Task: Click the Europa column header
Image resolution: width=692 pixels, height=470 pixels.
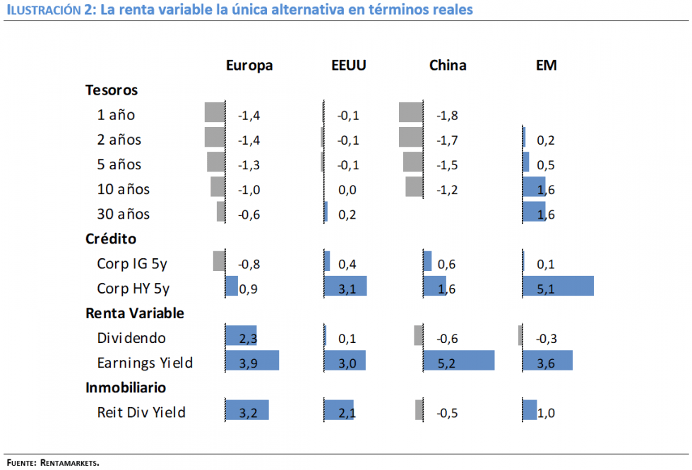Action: pos(249,66)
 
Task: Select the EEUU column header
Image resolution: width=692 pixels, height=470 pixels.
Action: pos(349,66)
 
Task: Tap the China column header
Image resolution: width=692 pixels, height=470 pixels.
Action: pos(448,66)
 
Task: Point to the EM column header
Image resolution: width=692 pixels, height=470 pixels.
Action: pos(547,66)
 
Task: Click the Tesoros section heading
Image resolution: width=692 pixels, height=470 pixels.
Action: pos(112,90)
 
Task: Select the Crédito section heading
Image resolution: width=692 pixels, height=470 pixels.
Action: pos(111,239)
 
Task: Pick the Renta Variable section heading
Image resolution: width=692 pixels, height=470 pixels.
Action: pos(134,313)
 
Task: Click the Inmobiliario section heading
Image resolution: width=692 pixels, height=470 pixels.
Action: pos(126,387)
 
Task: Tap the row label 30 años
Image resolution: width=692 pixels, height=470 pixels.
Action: pos(124,214)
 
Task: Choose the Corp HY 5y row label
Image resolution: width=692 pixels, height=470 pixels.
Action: pos(133,288)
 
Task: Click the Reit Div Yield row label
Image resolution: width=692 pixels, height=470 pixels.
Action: pos(141,412)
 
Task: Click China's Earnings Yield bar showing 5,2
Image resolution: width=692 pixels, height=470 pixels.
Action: pos(458,360)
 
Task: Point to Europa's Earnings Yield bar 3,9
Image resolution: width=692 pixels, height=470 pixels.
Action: pos(252,360)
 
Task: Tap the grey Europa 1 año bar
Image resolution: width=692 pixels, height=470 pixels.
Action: pos(214,112)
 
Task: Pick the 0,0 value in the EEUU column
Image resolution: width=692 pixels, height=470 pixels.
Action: pos(347,190)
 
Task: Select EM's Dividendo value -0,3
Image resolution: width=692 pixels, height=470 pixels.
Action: pos(547,339)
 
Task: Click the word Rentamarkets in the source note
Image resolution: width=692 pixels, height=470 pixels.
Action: pos(70,463)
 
